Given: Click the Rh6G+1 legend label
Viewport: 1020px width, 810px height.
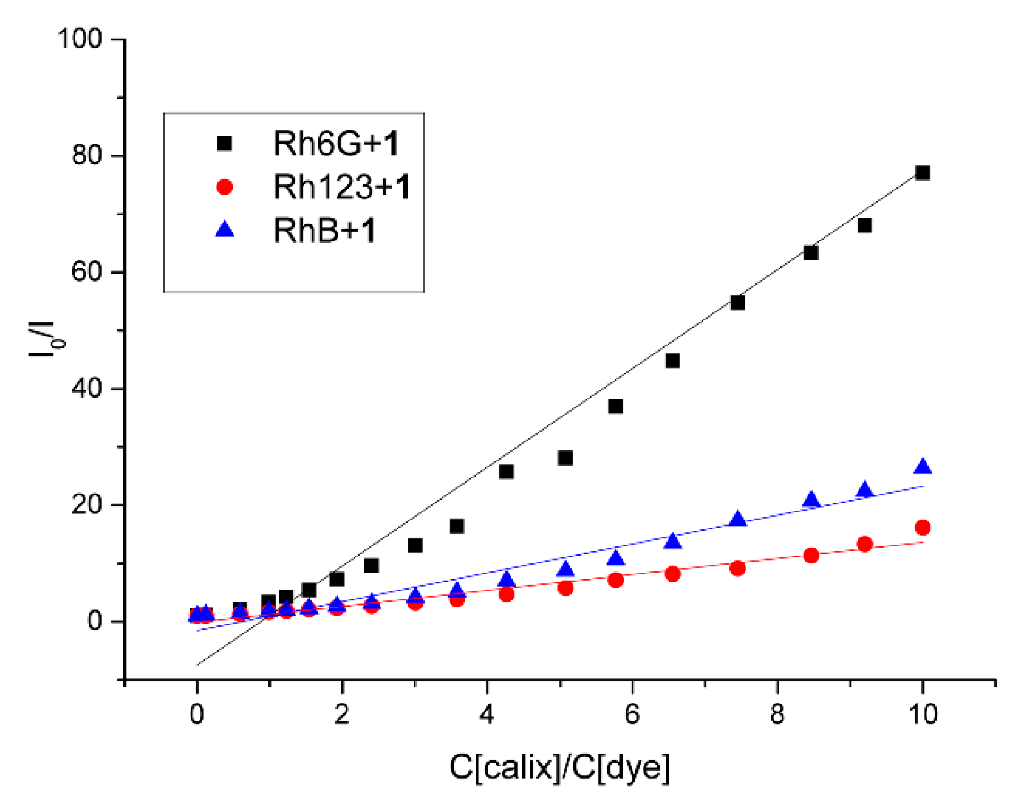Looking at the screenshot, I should (336, 143).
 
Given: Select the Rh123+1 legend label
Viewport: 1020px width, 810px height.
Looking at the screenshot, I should (342, 187).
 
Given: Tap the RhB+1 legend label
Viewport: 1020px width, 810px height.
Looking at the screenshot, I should (325, 231).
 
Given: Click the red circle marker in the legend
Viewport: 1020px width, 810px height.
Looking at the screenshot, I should (225, 187).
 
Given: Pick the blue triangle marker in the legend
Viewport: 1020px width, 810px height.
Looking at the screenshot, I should (225, 229).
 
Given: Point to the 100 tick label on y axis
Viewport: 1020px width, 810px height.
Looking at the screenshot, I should (79, 39).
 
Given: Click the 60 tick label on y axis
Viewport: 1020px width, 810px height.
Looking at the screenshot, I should (86, 272).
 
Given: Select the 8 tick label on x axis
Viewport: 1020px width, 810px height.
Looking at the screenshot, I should (777, 714).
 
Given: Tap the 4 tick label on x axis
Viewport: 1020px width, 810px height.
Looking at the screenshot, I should (487, 714).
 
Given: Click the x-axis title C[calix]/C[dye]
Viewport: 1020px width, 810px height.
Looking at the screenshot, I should (560, 767).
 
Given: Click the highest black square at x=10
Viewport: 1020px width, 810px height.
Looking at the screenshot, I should (922, 173).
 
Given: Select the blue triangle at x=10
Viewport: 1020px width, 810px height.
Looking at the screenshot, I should (922, 467).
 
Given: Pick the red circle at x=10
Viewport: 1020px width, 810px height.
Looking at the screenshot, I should (922, 528).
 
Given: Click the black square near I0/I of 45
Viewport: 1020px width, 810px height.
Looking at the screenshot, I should (672, 361).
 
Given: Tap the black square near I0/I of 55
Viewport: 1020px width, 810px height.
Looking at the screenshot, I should (737, 303).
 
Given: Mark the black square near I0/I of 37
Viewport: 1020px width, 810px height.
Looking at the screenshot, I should (615, 406).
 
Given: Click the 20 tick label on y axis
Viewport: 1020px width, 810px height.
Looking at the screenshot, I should (86, 505).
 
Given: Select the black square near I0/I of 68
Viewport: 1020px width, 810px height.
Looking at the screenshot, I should (864, 226).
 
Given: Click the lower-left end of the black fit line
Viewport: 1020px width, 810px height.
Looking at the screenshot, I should (198, 664).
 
